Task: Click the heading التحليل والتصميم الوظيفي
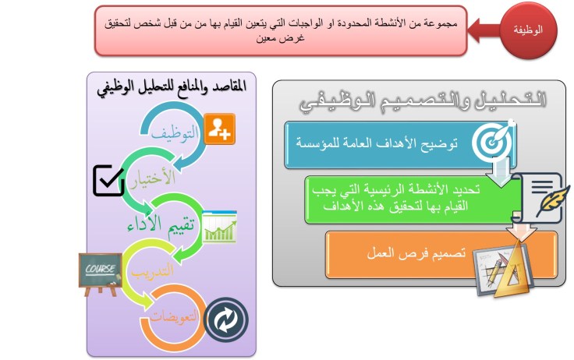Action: (x=422, y=101)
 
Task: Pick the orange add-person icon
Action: (x=221, y=129)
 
